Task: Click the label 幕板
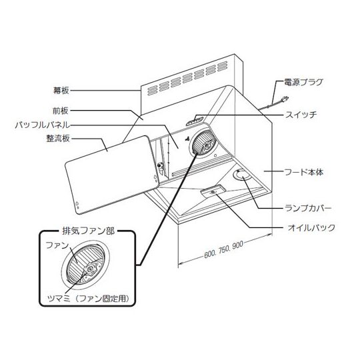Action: [x=61, y=91]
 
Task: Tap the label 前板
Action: [x=61, y=111]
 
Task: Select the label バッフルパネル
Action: [x=42, y=125]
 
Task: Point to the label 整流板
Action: [x=58, y=139]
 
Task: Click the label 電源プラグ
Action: [x=303, y=82]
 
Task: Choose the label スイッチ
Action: [x=301, y=115]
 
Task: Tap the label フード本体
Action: [x=304, y=172]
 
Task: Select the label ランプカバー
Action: [x=308, y=208]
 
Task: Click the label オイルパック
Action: [x=311, y=228]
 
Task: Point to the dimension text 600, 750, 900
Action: [x=223, y=249]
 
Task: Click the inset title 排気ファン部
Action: [x=89, y=231]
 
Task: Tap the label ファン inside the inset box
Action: [x=57, y=245]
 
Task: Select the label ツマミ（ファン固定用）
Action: [x=88, y=299]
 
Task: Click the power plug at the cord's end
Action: [x=285, y=99]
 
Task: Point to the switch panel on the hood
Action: [x=195, y=121]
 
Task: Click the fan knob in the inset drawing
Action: [x=90, y=269]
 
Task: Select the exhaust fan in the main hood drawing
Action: [x=203, y=143]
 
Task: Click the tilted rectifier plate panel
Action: [x=112, y=175]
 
